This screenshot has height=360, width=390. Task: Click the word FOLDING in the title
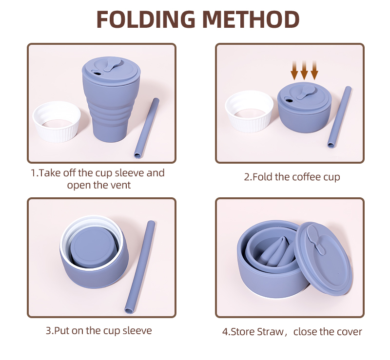pyautogui.click(x=145, y=19)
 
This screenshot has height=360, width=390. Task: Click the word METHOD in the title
pyautogui.click(x=251, y=19)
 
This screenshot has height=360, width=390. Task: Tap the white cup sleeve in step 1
pyautogui.click(x=57, y=122)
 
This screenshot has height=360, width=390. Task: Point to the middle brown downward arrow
pyautogui.click(x=304, y=70)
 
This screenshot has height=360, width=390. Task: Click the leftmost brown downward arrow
pyautogui.click(x=294, y=70)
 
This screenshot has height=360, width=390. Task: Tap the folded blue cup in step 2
pyautogui.click(x=304, y=107)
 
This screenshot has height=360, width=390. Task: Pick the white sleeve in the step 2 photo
pyautogui.click(x=249, y=111)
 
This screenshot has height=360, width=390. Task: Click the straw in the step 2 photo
pyautogui.click(x=339, y=117)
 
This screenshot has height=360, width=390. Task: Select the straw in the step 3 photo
pyautogui.click(x=140, y=267)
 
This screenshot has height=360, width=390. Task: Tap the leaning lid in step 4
pyautogui.click(x=323, y=259)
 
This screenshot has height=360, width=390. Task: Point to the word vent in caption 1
pyautogui.click(x=120, y=185)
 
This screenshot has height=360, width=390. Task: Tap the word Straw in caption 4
pyautogui.click(x=270, y=332)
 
